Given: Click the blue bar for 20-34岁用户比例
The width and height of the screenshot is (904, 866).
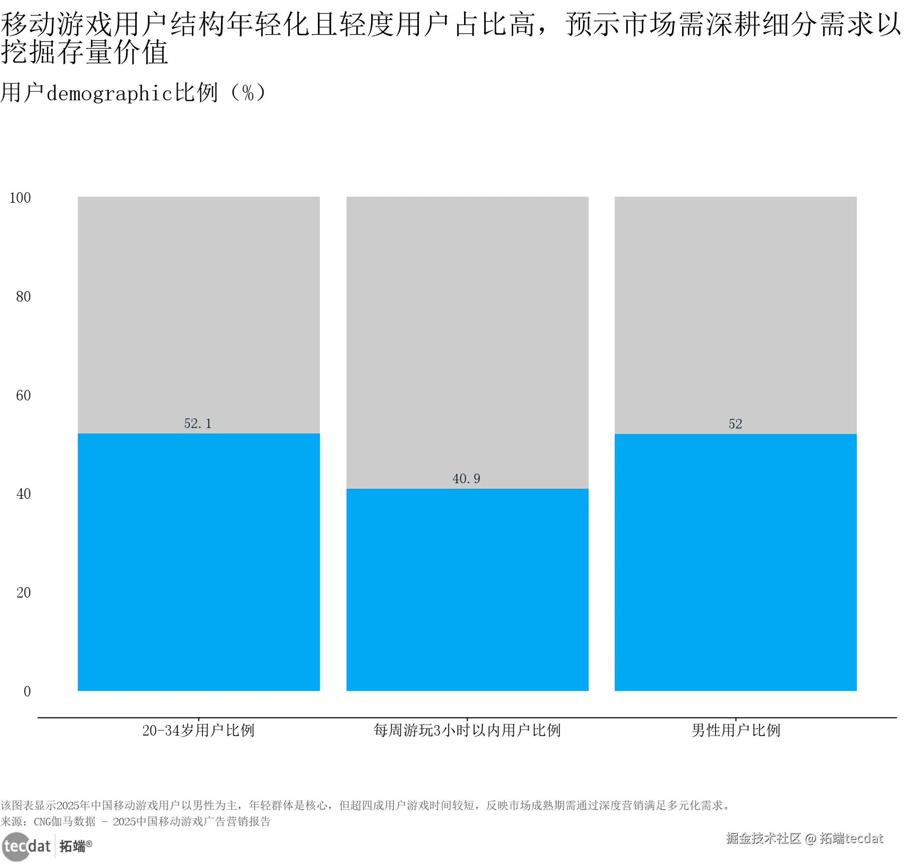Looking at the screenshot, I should coord(198,562).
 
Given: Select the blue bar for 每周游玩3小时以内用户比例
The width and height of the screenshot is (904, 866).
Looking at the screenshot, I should coord(467,590).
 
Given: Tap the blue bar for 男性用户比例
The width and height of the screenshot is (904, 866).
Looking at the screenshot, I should coord(735,562).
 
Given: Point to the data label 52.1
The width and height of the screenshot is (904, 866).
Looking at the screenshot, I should coord(198,423).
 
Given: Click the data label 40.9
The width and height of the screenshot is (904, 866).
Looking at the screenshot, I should coord(466,479).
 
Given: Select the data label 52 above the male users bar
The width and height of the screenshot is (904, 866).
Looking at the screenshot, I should coord(735,424).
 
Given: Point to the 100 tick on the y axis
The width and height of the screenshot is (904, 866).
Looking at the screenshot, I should coord(20,198).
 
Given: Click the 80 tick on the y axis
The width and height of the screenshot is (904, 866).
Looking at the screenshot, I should coord(23,297).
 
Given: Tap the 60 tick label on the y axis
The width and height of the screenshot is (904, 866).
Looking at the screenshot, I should coord(23,395).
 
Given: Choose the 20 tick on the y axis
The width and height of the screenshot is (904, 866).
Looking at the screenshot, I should coord(23,593).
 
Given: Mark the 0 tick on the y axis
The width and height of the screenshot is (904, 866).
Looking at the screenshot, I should coord(27,691).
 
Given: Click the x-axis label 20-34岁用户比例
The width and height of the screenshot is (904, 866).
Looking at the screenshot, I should coord(198,730).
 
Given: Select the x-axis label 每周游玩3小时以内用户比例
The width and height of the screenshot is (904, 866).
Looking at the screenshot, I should coord(467,730).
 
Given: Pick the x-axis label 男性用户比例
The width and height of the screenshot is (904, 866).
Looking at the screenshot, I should coord(736,730).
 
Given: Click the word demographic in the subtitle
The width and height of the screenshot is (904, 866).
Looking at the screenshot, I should coord(109,93).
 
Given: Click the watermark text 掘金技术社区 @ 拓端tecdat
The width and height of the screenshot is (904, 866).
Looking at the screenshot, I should coord(804,838).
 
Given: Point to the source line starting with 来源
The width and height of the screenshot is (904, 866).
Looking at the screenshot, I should coord(136,821).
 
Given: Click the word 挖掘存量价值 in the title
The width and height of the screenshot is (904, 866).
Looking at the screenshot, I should coord(84,52).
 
